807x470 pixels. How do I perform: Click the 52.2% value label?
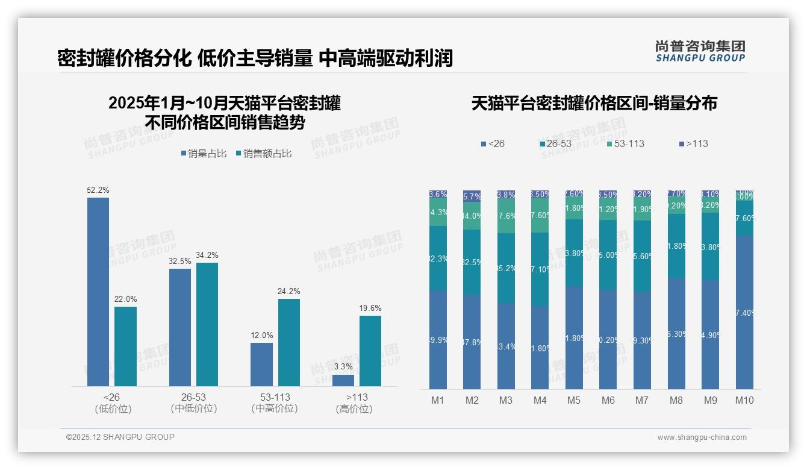[98, 190]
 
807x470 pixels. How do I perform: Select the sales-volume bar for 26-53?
[180, 327]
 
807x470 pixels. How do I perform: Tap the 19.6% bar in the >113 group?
[370, 351]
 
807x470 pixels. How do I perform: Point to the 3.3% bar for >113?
[343, 380]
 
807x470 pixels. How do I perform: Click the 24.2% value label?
[288, 292]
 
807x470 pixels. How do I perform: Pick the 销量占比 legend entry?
[204, 154]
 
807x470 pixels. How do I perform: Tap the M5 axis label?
[574, 400]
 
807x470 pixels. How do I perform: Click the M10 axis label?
[744, 400]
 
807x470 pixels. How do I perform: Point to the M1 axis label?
[438, 400]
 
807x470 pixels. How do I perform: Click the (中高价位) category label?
[275, 409]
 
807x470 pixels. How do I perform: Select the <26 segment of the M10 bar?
[744, 312]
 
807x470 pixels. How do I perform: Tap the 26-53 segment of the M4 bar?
[540, 269]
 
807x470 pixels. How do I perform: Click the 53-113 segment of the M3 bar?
[506, 216]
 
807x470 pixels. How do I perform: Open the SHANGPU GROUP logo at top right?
[700, 51]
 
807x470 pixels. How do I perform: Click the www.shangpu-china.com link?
[702, 437]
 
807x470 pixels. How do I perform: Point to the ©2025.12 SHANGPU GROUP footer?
[120, 437]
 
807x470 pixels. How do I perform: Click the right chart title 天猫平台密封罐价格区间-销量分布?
[594, 104]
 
